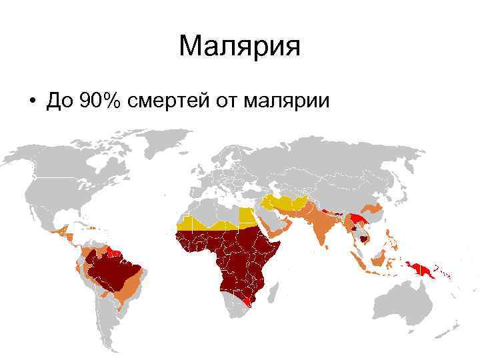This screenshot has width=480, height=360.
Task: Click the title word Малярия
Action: click(240, 47)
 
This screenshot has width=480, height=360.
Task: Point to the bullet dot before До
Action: click(31, 102)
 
